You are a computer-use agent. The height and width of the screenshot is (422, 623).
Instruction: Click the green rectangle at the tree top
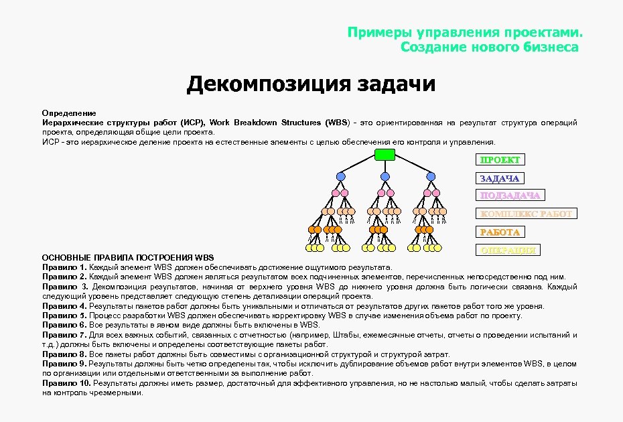385,155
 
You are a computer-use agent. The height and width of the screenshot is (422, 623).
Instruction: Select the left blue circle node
340,176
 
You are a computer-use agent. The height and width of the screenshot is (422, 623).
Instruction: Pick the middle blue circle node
385,176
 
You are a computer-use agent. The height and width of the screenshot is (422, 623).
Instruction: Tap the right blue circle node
431,176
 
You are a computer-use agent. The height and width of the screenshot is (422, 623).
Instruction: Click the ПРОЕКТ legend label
499,159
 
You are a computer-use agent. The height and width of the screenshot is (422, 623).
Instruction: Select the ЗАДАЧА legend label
500,178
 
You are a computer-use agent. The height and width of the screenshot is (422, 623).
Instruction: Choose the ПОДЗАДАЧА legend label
510,195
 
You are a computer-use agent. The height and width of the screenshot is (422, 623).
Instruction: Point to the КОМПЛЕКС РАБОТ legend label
525,214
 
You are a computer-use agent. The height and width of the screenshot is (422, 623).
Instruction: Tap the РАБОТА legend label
499,232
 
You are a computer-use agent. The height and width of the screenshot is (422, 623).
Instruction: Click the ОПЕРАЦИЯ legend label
508,250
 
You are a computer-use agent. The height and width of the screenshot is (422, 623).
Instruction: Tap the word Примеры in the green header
379,33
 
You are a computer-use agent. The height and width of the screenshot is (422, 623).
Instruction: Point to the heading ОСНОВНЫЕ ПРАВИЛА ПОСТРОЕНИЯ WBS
127,258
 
